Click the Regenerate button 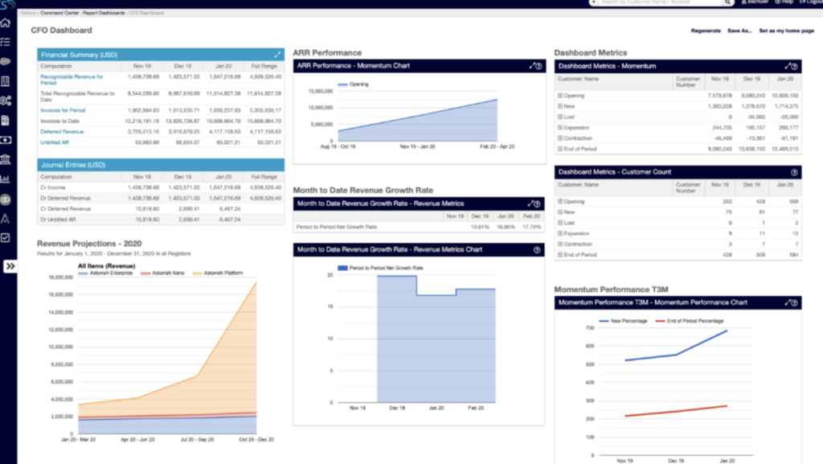click(x=706, y=31)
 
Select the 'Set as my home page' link click(x=787, y=31)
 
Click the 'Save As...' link click(x=739, y=31)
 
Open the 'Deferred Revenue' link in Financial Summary click(x=62, y=131)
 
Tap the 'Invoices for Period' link click(x=63, y=109)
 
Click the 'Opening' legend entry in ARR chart click(x=358, y=84)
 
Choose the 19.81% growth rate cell click(x=479, y=227)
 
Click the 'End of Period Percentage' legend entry click(x=694, y=321)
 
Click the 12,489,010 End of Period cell click(x=784, y=149)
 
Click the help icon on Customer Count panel click(x=794, y=172)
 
